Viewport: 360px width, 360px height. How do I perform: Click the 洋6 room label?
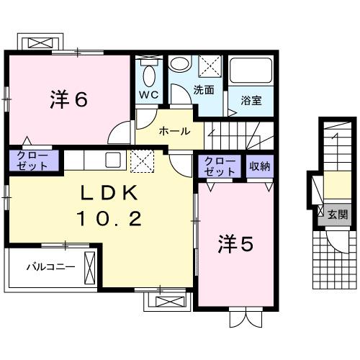(x=69, y=99)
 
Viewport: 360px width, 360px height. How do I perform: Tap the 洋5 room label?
(x=236, y=245)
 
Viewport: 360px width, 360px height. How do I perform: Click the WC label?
(x=148, y=94)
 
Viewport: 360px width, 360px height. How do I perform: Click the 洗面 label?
(x=204, y=91)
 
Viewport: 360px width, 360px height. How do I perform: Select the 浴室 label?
(x=251, y=99)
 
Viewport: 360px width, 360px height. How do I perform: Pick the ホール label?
(x=174, y=131)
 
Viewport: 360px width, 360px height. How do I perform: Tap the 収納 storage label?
(x=259, y=167)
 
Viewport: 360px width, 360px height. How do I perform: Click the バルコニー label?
(x=46, y=266)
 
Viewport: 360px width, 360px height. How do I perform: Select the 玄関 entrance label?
(x=338, y=214)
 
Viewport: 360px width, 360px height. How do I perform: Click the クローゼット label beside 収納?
(x=220, y=166)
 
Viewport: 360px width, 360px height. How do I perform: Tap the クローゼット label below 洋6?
(x=30, y=161)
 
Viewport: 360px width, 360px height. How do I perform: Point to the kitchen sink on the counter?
(x=113, y=159)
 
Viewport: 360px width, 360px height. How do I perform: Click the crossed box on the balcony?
(x=90, y=267)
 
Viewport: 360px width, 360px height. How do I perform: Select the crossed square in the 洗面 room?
(x=210, y=67)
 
